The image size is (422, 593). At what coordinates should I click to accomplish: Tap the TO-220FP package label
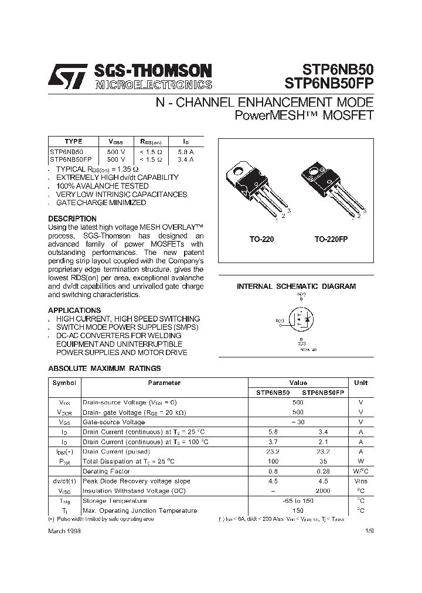pos(331,240)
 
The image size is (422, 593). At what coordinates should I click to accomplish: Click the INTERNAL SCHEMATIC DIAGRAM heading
pos(296,287)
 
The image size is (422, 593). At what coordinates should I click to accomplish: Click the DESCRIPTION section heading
pos(72,219)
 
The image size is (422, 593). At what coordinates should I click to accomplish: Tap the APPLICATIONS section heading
pos(74,310)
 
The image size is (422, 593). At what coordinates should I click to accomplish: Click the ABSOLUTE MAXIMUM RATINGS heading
pos(104,369)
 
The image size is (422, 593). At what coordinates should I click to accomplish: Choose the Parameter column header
pos(164,383)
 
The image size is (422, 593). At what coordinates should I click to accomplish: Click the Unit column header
pos(361,383)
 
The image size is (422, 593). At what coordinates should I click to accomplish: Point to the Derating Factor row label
pos(106,471)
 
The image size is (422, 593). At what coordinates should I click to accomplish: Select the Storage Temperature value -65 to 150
pos(298,501)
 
